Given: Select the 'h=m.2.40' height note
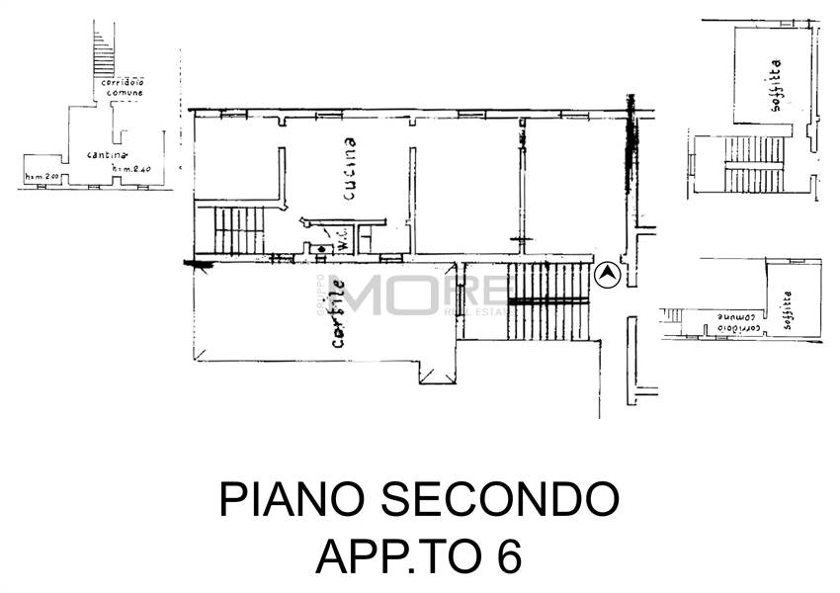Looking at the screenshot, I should click(133, 170).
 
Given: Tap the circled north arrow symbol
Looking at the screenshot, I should click(606, 275).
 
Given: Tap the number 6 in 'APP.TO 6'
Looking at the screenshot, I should click(509, 556).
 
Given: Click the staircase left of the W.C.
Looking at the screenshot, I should click(238, 229).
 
